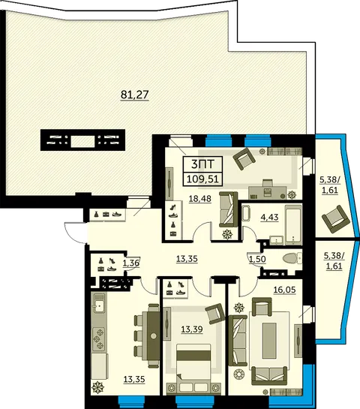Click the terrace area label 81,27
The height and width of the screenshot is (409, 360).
134,95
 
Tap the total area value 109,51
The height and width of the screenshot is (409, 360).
202,179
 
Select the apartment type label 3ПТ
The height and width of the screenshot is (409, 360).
202,164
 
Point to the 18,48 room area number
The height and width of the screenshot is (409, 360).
200,199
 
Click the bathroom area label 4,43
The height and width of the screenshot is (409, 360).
269,217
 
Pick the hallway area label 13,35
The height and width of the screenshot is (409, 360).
187,259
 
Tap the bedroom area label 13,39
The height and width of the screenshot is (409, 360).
192,329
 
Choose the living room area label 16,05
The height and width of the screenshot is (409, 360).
285,290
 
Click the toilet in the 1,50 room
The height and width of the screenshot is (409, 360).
292,258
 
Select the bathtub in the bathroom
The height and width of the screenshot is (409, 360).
293,225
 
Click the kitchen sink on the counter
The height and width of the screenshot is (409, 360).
99,303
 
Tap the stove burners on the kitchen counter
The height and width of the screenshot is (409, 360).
99,339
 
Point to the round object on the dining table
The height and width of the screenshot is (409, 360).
153,335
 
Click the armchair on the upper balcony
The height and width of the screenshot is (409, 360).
336,219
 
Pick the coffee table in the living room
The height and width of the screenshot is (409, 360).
269,336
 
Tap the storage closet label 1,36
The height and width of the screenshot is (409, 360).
131,263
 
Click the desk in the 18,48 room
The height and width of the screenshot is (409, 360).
268,191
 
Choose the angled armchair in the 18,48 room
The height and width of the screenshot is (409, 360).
244,158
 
